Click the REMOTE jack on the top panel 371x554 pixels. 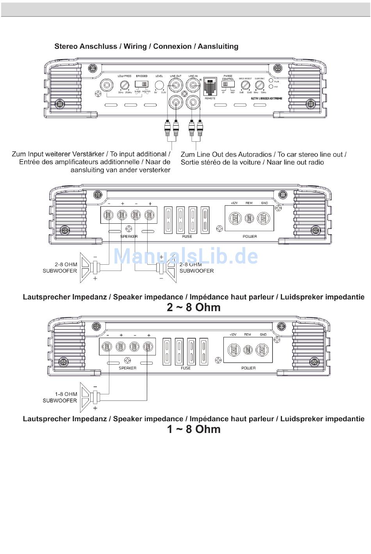(x=210, y=87)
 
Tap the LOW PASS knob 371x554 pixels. (x=125, y=85)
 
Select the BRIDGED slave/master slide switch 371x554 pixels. (x=142, y=84)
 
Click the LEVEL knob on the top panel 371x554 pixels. (x=159, y=85)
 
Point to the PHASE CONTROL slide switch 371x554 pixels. (x=227, y=85)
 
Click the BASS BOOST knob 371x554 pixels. (x=245, y=85)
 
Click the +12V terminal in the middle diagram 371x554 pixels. (x=235, y=217)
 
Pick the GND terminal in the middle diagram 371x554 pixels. (x=264, y=217)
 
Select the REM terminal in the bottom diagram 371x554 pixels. (x=248, y=349)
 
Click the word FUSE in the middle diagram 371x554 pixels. (x=187, y=237)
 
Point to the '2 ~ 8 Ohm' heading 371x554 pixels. (x=194, y=308)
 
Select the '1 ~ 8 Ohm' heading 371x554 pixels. (x=194, y=429)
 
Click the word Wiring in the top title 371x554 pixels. (x=135, y=46)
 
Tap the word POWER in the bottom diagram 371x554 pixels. (x=248, y=368)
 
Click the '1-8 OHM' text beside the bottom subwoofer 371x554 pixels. (x=66, y=394)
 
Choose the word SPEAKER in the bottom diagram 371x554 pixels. (x=127, y=368)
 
